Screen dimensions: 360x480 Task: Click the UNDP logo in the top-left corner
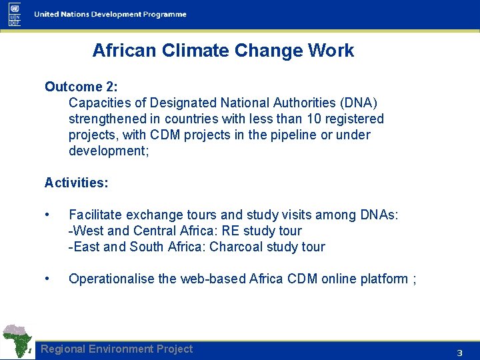(x=15, y=14)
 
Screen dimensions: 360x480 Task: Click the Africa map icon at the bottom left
(x=18, y=341)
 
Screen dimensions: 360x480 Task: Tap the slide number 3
(x=459, y=353)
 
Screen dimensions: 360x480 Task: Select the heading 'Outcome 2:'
(x=81, y=87)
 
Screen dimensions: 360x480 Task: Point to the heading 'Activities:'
(x=76, y=183)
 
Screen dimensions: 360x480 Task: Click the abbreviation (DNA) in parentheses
(x=358, y=103)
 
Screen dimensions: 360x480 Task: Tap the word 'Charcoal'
(x=236, y=247)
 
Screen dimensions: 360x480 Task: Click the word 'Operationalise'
(x=112, y=279)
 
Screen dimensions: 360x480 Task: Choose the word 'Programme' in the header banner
(x=163, y=14)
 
